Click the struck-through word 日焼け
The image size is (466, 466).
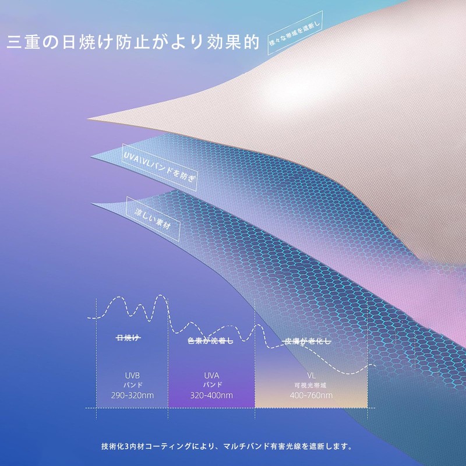click(128, 338)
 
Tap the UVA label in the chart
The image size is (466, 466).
click(211, 376)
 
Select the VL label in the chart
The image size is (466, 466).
click(310, 376)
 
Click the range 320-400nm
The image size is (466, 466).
click(211, 396)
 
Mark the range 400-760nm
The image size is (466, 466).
click(310, 396)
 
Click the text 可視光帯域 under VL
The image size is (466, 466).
click(310, 385)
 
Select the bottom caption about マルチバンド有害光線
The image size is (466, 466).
click(227, 447)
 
